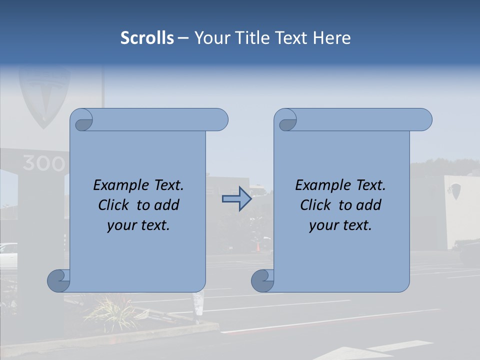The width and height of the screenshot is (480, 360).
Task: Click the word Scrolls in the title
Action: click(147, 38)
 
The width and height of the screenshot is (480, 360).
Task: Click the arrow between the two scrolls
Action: click(236, 199)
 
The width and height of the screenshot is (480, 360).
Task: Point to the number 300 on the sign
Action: click(44, 163)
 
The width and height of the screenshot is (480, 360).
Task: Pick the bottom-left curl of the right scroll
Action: click(262, 280)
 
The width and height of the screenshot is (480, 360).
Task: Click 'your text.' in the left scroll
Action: click(138, 225)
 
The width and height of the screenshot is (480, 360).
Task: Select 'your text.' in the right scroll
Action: click(340, 225)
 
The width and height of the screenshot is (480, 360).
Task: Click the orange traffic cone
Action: click(258, 246)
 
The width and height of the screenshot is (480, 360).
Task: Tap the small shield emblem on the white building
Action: click(455, 191)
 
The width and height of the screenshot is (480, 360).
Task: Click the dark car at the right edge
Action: click(470, 253)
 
